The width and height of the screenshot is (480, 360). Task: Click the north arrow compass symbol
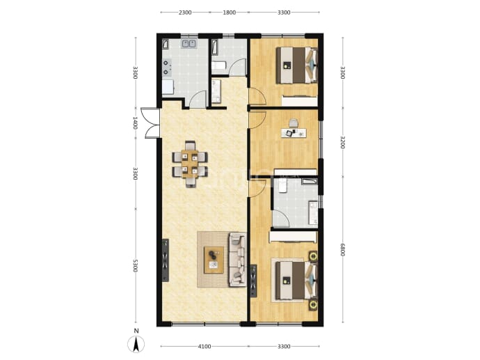coord(136,344)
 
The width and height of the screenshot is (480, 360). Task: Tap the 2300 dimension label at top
coord(185,13)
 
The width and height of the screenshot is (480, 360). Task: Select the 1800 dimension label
coord(229,13)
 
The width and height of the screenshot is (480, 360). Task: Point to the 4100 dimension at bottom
coord(205,347)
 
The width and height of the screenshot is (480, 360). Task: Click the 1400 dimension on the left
coord(136,123)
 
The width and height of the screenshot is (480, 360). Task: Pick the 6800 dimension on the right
coord(342,250)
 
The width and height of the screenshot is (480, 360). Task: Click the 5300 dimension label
coord(136,266)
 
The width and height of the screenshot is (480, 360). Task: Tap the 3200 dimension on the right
coord(342,142)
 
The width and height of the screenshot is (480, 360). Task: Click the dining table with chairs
coord(190,164)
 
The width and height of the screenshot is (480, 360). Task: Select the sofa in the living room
coord(237,260)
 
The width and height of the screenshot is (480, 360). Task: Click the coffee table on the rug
coord(214,260)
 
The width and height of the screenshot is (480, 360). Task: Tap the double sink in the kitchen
coord(189,44)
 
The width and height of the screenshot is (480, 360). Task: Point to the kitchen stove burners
coord(166,68)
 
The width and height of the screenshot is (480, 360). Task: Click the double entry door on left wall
coord(151,123)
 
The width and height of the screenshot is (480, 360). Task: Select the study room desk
coord(294,133)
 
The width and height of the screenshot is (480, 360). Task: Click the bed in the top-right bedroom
coord(296,65)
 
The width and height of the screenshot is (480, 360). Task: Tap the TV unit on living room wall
coord(166,260)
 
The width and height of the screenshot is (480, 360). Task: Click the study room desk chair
coord(294,123)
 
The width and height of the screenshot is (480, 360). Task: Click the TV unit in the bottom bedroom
coord(253,281)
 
